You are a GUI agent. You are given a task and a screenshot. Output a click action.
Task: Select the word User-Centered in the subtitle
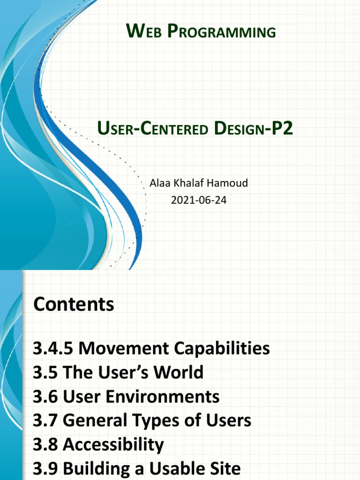click(x=152, y=128)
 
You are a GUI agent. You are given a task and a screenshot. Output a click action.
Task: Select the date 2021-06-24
click(x=199, y=201)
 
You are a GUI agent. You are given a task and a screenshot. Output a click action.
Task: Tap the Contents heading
click(x=74, y=305)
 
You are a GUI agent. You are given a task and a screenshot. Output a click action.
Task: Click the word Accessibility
click(x=113, y=445)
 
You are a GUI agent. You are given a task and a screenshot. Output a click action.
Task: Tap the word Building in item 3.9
click(x=96, y=469)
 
